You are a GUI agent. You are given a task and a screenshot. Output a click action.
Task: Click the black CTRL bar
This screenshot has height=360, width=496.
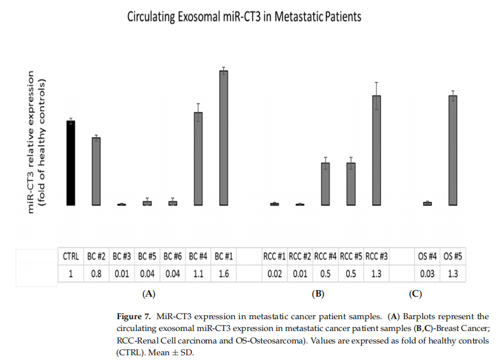pos(71,163)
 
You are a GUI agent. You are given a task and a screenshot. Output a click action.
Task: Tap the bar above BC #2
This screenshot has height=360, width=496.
pos(96,172)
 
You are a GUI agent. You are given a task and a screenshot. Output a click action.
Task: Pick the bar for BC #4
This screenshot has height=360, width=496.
pos(199,159)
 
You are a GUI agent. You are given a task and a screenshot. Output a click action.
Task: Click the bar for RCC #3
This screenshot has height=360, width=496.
pos(376,150)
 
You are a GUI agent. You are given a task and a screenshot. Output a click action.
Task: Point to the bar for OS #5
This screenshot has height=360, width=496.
pos(453,150)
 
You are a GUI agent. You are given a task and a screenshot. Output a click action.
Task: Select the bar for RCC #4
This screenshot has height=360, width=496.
pos(325,184)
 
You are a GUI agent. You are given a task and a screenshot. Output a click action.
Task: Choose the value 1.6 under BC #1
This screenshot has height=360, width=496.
pos(223,274)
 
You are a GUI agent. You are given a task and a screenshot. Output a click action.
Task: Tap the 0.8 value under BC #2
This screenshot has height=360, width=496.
pos(96,274)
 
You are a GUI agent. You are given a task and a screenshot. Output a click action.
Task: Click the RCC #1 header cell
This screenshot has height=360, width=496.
pos(274,257)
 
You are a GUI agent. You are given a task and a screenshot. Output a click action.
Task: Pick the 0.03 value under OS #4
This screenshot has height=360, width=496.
pos(427,274)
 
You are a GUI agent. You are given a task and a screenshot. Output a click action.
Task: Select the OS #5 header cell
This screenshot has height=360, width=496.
pos(453,257)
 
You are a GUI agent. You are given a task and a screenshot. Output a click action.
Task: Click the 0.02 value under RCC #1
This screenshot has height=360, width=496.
pos(274,274)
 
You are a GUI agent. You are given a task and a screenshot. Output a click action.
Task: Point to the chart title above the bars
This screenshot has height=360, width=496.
pos(244,17)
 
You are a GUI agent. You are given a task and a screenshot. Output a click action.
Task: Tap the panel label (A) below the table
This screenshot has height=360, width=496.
pos(148,293)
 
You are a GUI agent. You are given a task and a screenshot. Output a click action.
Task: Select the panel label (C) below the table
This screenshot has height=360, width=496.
pos(415,293)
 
